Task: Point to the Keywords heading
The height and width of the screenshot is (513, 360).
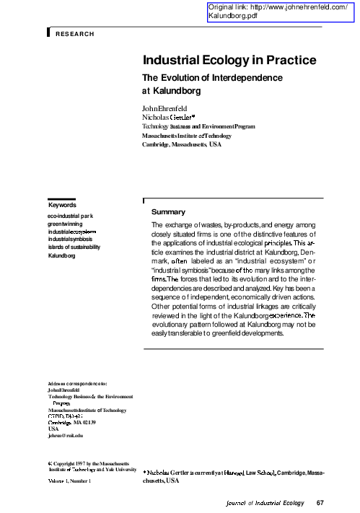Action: click(x=62, y=205)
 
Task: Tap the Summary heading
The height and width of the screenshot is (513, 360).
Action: click(x=168, y=212)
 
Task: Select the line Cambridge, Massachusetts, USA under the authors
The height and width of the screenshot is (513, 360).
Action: click(x=182, y=144)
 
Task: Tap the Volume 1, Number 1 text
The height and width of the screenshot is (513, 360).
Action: click(x=70, y=480)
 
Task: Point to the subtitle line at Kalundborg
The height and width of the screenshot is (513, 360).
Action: click(x=170, y=92)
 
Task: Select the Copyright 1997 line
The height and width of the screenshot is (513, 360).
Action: click(x=83, y=460)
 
